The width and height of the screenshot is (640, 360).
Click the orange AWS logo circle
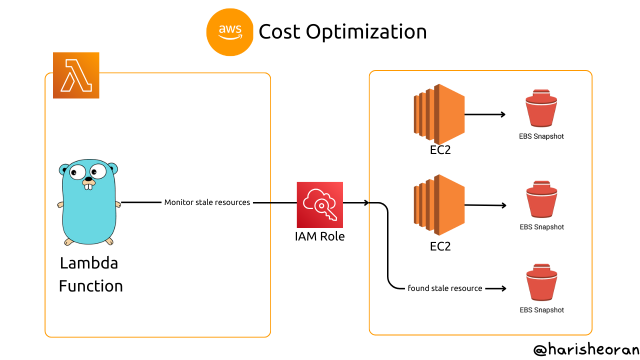[x=230, y=31]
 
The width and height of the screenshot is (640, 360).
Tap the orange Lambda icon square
[x=76, y=75]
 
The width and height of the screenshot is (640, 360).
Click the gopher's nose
[x=88, y=178]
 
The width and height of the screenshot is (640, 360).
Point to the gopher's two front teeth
[x=89, y=186]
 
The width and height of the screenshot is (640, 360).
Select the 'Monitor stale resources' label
[x=207, y=202]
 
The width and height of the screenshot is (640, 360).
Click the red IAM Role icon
[x=320, y=204]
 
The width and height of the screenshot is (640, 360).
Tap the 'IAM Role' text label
[x=320, y=236]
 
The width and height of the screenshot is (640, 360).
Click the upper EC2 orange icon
[x=439, y=114]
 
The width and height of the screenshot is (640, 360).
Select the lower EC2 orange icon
[x=439, y=204]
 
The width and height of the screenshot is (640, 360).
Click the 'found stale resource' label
[x=445, y=288]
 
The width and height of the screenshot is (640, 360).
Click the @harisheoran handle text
[x=586, y=349]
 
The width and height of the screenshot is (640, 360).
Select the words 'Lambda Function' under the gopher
[x=90, y=274]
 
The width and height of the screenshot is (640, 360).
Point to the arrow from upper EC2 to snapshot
[x=485, y=114]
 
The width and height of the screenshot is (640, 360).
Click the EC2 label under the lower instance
[x=440, y=246]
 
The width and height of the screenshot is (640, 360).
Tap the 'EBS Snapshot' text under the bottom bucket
[x=541, y=310]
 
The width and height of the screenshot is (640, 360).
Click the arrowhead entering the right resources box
[x=366, y=202]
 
